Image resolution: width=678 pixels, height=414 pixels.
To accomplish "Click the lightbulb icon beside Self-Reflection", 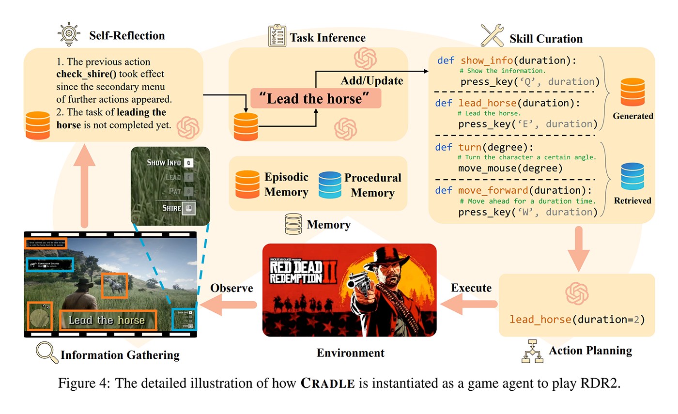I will (69, 35).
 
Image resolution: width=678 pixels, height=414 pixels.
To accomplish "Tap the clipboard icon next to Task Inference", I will (277, 36).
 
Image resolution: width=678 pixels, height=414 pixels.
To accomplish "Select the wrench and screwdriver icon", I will (493, 35).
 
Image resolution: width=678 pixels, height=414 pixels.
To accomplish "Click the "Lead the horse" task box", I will (316, 99).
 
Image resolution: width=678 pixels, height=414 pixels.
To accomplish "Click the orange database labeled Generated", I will (632, 92).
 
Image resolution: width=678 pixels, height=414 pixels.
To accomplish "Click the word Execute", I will (471, 288).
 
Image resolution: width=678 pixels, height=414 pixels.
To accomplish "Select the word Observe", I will (231, 288).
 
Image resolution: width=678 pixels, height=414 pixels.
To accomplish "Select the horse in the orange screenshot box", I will (115, 285).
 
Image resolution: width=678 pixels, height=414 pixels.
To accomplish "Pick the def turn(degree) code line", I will (474, 146).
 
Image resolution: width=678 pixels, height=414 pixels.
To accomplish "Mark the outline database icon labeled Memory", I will (294, 225).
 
